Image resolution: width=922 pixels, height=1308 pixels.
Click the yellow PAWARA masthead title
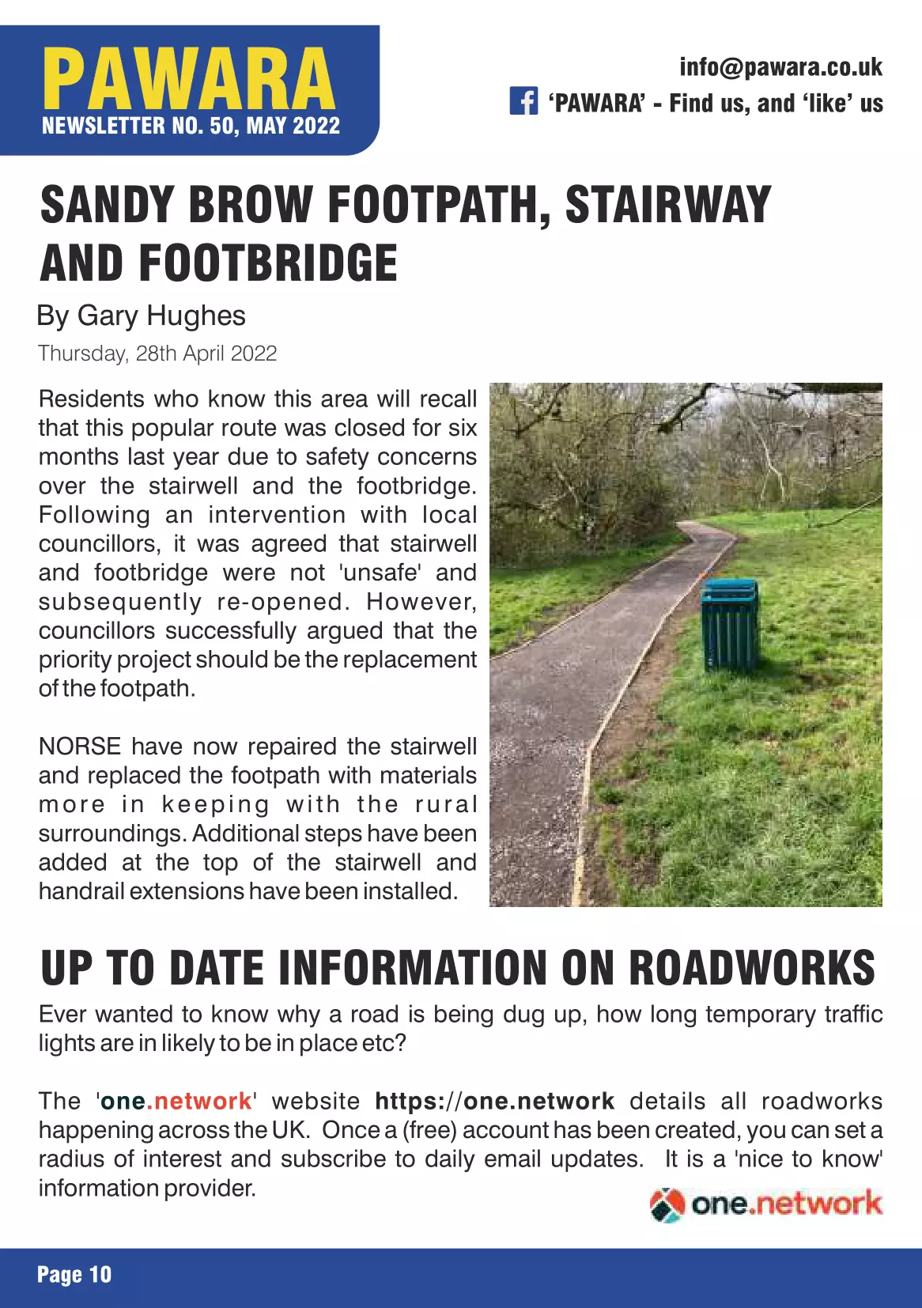(188, 79)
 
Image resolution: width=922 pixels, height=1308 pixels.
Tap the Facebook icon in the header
(523, 101)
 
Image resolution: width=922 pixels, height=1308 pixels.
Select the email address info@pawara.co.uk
(780, 67)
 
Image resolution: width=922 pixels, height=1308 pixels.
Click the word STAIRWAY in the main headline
(667, 205)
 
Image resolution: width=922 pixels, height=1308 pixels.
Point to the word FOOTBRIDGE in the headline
(268, 263)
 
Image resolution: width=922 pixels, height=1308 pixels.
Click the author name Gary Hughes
(161, 316)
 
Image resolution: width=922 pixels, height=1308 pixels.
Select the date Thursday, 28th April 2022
(157, 353)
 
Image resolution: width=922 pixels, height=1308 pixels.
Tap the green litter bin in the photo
(730, 623)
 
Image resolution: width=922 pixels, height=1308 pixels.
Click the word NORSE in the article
(80, 746)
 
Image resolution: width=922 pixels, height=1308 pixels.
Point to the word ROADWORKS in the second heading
(752, 968)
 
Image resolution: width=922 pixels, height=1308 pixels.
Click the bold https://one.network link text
(494, 1101)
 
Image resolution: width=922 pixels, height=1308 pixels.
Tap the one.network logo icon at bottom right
(667, 1204)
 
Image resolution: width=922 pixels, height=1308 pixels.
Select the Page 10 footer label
(74, 1275)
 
